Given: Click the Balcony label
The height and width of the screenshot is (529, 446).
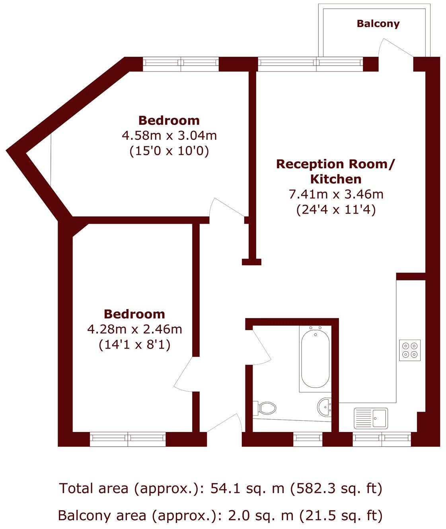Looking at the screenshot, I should pyautogui.click(x=378, y=24).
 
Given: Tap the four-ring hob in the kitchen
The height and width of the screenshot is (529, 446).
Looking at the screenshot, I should pyautogui.click(x=410, y=350).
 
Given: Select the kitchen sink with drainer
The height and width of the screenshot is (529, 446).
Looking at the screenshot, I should pyautogui.click(x=370, y=418).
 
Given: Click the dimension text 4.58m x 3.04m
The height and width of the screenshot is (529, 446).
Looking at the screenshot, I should pyautogui.click(x=169, y=136).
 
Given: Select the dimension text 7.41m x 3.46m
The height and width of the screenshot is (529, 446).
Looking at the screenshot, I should pyautogui.click(x=336, y=194).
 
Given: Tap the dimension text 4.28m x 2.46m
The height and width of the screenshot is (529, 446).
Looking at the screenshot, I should pyautogui.click(x=134, y=329).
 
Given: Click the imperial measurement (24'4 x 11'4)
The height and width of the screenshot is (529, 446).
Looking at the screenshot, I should pyautogui.click(x=336, y=210).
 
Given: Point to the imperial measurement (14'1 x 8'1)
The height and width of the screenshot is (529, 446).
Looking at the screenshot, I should pyautogui.click(x=134, y=344).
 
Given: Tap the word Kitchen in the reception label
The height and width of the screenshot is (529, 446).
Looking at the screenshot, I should pyautogui.click(x=336, y=179).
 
